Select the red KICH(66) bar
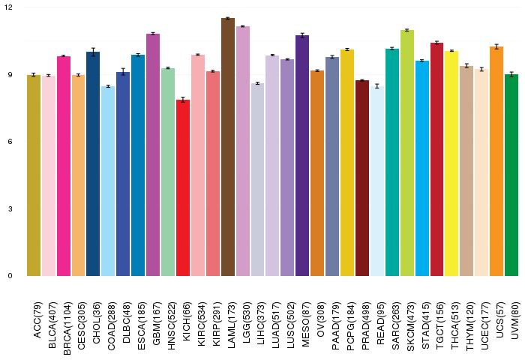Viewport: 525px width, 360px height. [x=183, y=187]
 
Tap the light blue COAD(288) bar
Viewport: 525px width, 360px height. [x=108, y=181]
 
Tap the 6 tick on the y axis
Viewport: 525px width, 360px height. [x=10, y=142]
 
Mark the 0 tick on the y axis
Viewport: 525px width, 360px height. [x=10, y=275]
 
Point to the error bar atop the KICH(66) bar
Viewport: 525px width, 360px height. [x=183, y=100]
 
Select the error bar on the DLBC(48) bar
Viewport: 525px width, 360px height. [x=123, y=72]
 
